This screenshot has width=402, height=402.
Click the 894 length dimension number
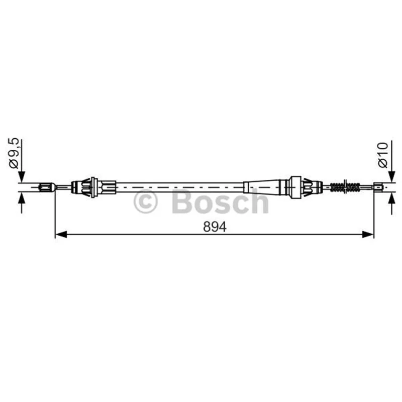[215, 227]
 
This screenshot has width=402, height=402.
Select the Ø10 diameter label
[383, 155]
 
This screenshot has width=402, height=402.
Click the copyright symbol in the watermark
[145, 202]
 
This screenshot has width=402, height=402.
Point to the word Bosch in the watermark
[221, 202]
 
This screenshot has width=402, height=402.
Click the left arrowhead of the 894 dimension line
[61, 234]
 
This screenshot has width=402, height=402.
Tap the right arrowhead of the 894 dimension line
[368, 234]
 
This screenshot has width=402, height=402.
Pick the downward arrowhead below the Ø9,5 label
[22, 177]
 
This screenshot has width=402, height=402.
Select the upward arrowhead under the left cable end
[22, 198]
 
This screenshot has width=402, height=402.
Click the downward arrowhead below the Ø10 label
[392, 177]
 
